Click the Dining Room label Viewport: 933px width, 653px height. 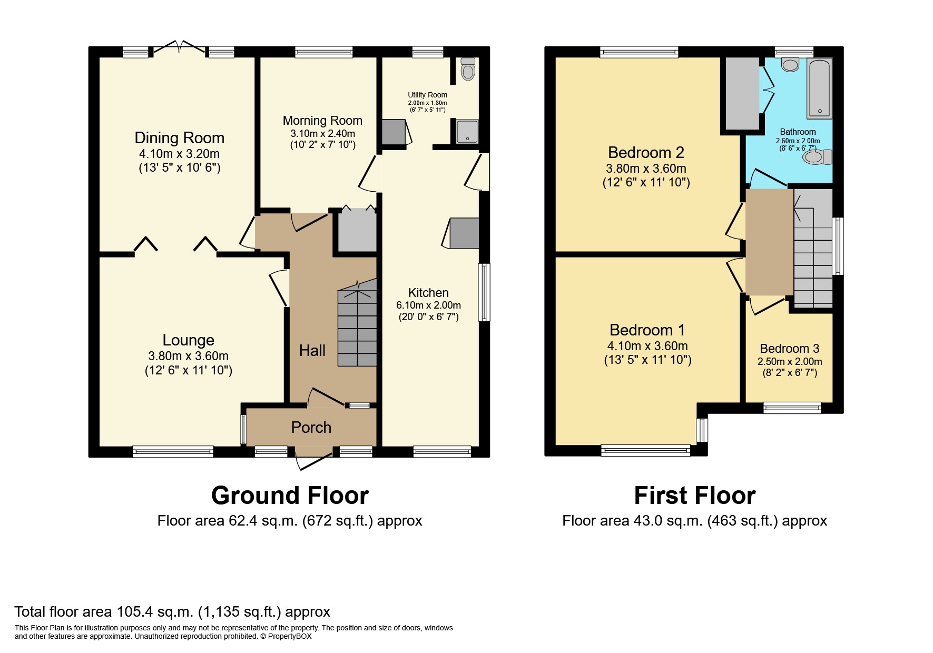[180, 138]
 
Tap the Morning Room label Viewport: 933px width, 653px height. [322, 121]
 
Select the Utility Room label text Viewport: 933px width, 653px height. [427, 95]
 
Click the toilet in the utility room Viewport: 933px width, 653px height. [467, 68]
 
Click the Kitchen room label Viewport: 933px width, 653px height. [428, 293]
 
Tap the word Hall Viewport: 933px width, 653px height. [312, 350]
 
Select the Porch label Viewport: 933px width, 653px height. [311, 427]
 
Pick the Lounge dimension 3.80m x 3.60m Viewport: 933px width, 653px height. [189, 356]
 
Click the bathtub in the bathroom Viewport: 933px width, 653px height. [819, 88]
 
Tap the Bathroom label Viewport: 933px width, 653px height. [798, 132]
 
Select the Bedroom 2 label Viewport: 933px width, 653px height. [646, 152]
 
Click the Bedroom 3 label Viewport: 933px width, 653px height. [790, 349]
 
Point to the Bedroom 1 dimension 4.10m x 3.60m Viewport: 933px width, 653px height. [647, 346]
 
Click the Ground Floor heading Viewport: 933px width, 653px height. [290, 495]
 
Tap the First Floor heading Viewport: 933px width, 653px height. [695, 495]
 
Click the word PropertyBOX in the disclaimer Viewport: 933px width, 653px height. [290, 636]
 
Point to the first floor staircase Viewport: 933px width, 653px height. [813, 248]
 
